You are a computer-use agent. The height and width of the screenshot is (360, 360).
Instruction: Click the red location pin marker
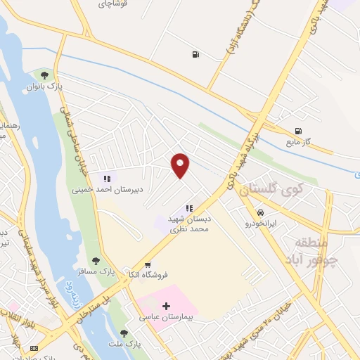pyautogui.click(x=181, y=165)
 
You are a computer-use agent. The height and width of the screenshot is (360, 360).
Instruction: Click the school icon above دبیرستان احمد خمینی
pyautogui.click(x=107, y=178)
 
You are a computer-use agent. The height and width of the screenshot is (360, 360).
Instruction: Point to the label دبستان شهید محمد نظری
pyautogui.click(x=190, y=224)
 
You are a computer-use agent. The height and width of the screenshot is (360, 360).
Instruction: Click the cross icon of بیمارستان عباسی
pyautogui.click(x=166, y=306)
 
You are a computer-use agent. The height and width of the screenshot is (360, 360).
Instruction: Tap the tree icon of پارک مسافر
pyautogui.click(x=96, y=260)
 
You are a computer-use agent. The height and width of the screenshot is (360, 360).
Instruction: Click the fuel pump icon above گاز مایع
pyautogui.click(x=300, y=130)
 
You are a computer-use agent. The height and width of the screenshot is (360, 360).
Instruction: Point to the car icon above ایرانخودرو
pyautogui.click(x=260, y=212)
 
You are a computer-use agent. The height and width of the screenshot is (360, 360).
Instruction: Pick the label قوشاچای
pyautogui.click(x=113, y=4)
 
